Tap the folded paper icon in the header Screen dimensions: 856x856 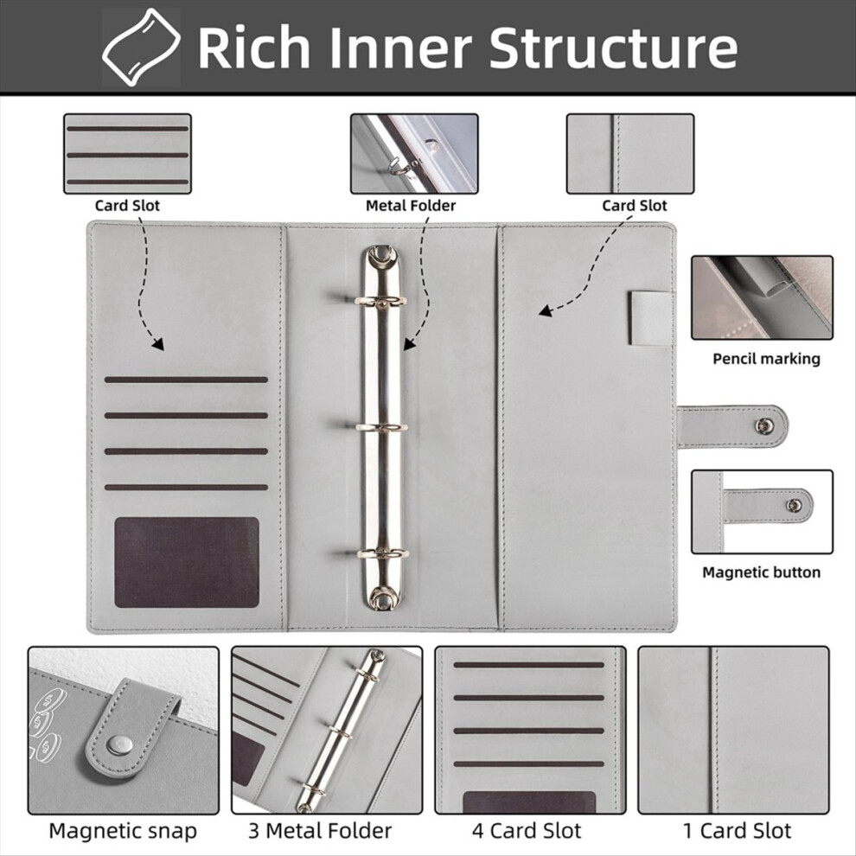(x=141, y=48)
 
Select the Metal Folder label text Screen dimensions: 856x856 (x=411, y=206)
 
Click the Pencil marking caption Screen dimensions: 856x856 (x=766, y=359)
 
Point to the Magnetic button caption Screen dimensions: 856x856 (x=762, y=572)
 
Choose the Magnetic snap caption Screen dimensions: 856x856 (x=123, y=831)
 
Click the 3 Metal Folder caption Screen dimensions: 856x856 (x=320, y=831)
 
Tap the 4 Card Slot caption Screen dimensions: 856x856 (x=527, y=831)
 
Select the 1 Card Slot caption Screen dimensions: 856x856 (x=737, y=831)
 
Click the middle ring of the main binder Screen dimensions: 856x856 (x=382, y=427)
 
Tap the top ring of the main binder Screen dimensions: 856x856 (x=381, y=301)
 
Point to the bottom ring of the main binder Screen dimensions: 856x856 (x=383, y=553)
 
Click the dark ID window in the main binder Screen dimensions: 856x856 (x=187, y=562)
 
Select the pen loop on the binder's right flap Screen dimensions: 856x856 (x=651, y=319)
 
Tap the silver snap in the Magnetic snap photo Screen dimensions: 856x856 (x=119, y=744)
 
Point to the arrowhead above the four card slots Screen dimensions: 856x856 (x=158, y=344)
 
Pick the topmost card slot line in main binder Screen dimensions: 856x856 (x=186, y=380)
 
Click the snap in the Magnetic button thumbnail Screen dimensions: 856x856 (x=794, y=506)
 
